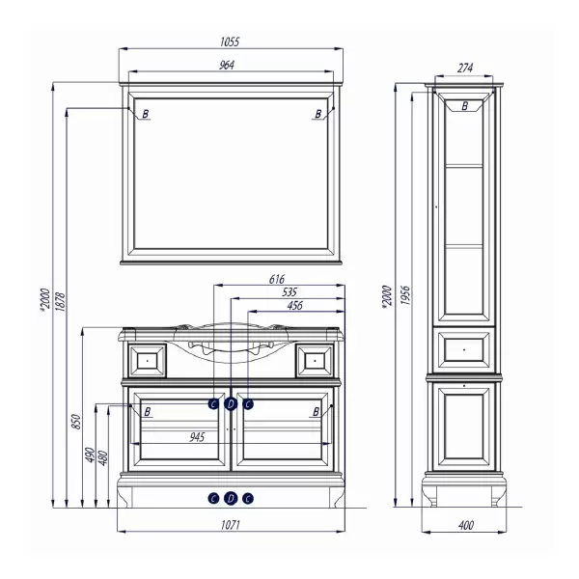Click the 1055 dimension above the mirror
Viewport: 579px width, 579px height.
(230, 42)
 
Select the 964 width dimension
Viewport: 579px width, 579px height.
(227, 65)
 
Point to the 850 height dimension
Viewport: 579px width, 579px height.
(76, 422)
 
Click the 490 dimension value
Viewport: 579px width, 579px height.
(90, 455)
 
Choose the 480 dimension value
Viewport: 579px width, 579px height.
(103, 457)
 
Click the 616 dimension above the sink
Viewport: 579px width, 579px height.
(277, 279)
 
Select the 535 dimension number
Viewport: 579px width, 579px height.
(289, 292)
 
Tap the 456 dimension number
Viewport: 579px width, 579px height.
(294, 305)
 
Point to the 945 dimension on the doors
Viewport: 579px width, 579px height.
(197, 437)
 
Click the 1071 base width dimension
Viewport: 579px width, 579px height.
(231, 524)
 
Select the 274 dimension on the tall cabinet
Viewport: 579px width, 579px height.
(465, 69)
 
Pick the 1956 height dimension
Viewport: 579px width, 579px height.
(405, 295)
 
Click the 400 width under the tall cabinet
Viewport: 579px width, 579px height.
(466, 525)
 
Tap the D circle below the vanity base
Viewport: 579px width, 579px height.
(231, 499)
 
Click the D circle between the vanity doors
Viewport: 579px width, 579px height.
(231, 404)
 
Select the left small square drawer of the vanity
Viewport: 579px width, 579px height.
(147, 360)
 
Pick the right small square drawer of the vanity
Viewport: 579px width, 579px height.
(315, 360)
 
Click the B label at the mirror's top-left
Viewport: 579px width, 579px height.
(146, 114)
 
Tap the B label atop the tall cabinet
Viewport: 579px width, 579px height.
(465, 106)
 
